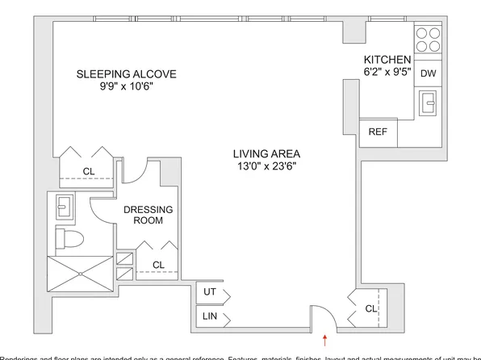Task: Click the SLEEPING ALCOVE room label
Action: [x=126, y=74]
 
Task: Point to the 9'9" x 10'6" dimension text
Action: [x=126, y=87]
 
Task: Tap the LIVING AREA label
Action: [x=266, y=153]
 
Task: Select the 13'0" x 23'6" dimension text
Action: [x=266, y=167]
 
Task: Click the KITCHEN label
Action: [x=387, y=61]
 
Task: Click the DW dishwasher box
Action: [x=429, y=73]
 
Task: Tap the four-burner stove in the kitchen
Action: [x=429, y=40]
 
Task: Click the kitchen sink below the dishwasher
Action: [x=429, y=103]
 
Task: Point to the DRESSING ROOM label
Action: [x=148, y=215]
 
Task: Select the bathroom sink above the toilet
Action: [x=65, y=207]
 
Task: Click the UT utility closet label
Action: [x=209, y=292]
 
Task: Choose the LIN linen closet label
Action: [x=209, y=316]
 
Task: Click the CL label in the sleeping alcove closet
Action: [x=90, y=171]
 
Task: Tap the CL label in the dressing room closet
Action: [x=158, y=264]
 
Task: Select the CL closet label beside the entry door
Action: [x=370, y=308]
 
